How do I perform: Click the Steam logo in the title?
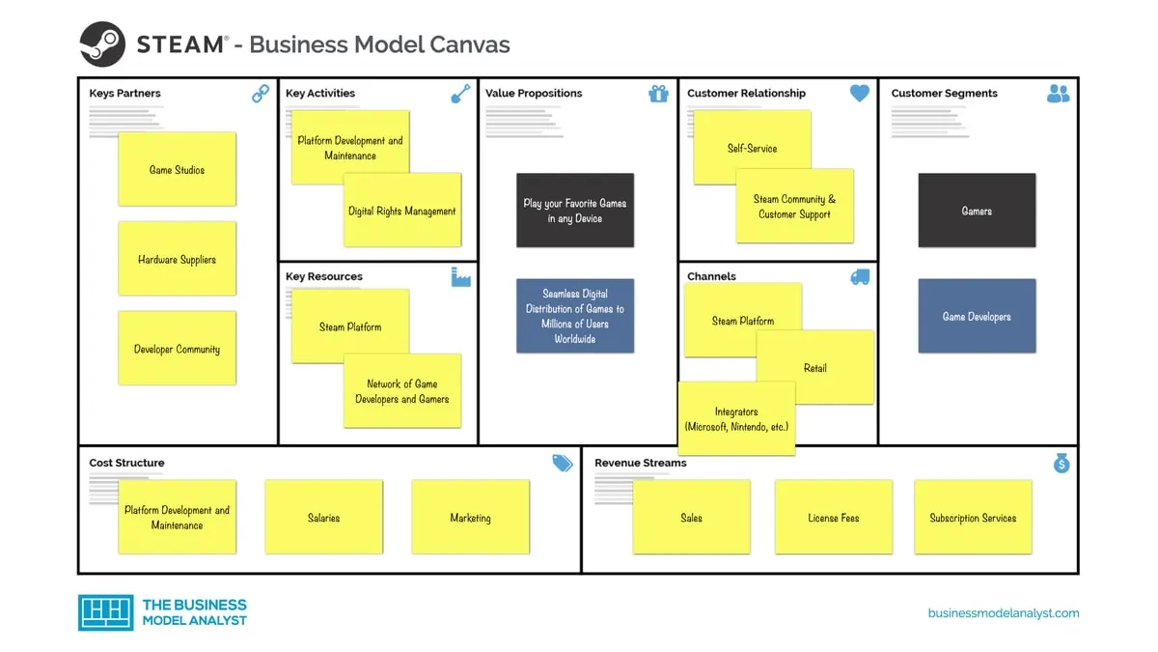tap(102, 44)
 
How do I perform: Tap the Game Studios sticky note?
tap(177, 169)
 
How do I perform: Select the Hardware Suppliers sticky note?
tap(177, 259)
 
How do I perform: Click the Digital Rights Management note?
tap(402, 211)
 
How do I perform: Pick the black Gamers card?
tap(977, 211)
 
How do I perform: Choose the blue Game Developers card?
tap(977, 316)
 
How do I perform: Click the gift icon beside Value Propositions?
tap(658, 94)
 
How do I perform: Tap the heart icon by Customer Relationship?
tap(859, 94)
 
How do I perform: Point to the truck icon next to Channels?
tap(859, 277)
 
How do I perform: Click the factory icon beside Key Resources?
tap(460, 277)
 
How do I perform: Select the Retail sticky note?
tap(815, 368)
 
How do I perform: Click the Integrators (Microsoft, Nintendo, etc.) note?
tap(736, 418)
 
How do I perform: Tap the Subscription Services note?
tap(973, 518)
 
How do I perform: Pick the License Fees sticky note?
tap(833, 518)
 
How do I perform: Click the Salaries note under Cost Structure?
tap(323, 518)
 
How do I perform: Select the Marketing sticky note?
tap(470, 518)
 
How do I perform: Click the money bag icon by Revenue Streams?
tap(1061, 464)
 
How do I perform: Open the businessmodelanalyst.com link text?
tap(1004, 613)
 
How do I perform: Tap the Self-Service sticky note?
tap(752, 148)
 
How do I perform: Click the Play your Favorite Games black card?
tap(575, 211)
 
